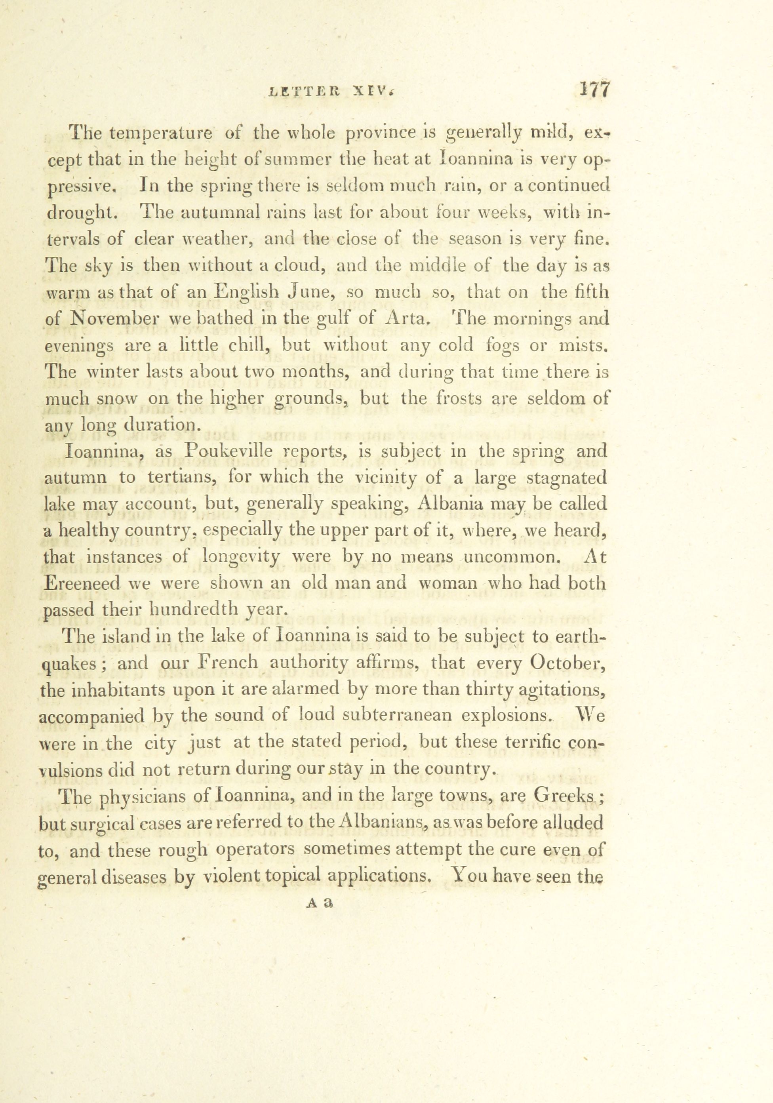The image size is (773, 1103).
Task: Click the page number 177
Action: (x=595, y=90)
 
